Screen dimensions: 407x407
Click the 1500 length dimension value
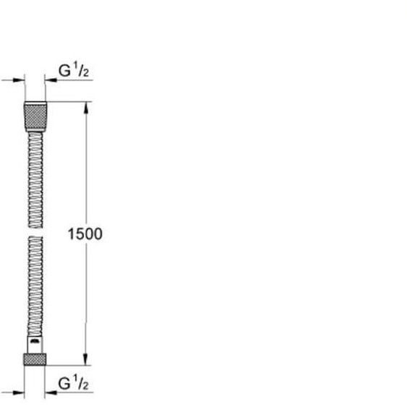coord(85,234)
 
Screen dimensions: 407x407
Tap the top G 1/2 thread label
coord(74,70)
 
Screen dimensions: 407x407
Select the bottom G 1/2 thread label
coord(74,383)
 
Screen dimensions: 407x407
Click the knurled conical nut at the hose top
coord(35,117)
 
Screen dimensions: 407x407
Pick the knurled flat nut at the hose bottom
coord(35,359)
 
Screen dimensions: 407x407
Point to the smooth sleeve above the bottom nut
coord(35,345)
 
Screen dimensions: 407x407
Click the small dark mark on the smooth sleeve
coord(35,341)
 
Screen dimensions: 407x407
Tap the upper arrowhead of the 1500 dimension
coord(86,108)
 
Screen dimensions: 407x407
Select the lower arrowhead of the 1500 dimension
coord(86,359)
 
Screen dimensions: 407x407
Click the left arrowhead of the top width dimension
coord(19,80)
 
